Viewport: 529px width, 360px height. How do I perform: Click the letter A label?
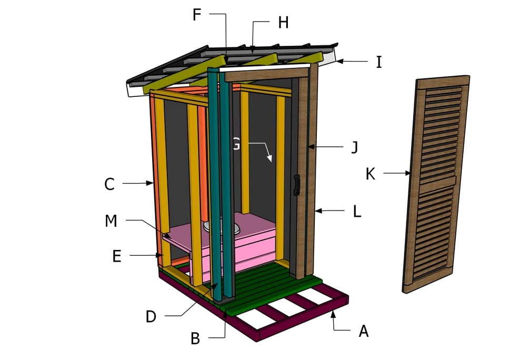click(x=363, y=331)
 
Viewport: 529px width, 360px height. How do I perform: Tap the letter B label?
click(x=195, y=338)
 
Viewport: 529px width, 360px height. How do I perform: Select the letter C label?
click(x=109, y=184)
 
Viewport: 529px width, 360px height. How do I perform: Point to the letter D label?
click(x=151, y=316)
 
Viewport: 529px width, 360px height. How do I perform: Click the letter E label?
click(x=117, y=256)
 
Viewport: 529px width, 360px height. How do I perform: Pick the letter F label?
click(x=197, y=15)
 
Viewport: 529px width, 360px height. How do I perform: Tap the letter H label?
click(x=284, y=23)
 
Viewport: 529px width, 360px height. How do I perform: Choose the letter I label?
click(x=378, y=62)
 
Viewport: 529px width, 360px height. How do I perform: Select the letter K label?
click(x=371, y=174)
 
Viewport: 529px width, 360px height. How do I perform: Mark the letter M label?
click(x=111, y=221)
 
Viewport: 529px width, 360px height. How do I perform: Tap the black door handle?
click(x=297, y=186)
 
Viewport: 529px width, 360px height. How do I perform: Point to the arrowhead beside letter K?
click(x=407, y=173)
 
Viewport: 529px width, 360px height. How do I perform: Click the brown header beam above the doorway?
click(x=266, y=75)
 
